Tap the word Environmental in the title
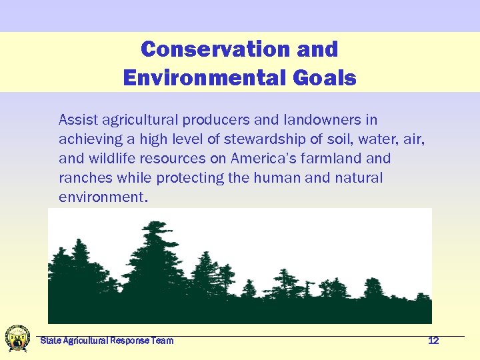[205, 79]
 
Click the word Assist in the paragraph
[77, 120]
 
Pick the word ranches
[83, 178]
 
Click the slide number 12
[433, 341]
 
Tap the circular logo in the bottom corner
[17, 338]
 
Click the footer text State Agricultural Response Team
[107, 341]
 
